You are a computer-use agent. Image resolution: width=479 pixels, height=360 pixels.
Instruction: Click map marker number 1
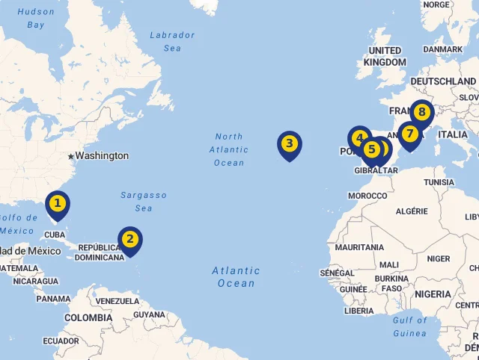tap(57, 203)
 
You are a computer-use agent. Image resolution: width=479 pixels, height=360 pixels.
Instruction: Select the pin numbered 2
tap(130, 239)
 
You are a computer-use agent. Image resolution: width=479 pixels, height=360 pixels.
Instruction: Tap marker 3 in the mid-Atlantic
tap(289, 143)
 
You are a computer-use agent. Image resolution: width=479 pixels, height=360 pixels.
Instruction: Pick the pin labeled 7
tap(409, 134)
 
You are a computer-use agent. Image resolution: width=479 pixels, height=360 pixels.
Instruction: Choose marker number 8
tap(422, 113)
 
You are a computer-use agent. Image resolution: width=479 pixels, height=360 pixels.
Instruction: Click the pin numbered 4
tap(359, 138)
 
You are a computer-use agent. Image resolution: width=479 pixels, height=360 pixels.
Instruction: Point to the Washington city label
tap(102, 156)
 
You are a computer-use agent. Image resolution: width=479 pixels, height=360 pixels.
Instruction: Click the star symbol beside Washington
tap(71, 156)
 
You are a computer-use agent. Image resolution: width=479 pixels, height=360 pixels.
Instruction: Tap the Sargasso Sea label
tap(144, 202)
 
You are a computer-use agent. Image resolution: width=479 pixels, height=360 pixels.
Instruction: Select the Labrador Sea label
tap(172, 41)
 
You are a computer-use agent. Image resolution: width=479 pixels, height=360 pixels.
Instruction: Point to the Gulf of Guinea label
tap(409, 326)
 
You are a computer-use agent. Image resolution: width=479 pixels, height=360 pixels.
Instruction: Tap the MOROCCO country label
tap(367, 196)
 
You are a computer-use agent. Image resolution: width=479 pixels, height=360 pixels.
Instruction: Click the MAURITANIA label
tap(359, 247)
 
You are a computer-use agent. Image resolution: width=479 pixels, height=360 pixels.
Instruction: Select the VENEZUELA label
tap(118, 301)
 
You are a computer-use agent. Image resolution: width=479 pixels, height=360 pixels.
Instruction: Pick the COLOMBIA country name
tap(88, 317)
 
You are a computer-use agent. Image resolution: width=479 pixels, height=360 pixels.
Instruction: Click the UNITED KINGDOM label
tap(385, 56)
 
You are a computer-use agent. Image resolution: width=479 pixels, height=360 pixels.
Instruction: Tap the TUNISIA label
tap(439, 182)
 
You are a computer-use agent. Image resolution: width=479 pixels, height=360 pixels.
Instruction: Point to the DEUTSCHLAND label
tap(443, 81)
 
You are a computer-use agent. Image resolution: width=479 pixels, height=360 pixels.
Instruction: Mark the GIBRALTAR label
tap(376, 170)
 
